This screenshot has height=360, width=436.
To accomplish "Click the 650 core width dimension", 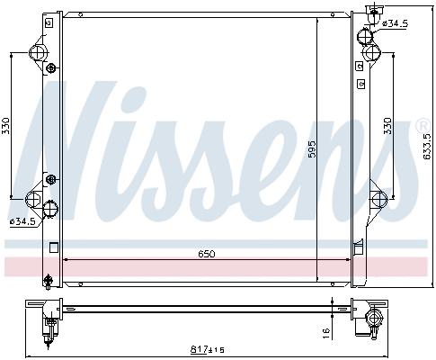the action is click(207, 254).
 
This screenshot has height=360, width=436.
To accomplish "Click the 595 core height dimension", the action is click(312, 149).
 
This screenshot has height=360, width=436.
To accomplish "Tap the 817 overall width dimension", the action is click(199, 349).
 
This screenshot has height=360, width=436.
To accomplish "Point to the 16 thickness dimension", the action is click(326, 333).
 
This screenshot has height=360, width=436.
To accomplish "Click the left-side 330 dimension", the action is click(6, 126).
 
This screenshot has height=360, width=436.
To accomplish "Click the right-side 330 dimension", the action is click(387, 126).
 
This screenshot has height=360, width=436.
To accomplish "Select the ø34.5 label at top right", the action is click(396, 23).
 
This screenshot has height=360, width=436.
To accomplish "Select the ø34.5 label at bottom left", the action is click(22, 221).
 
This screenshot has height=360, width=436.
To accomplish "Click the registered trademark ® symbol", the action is click(423, 126).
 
